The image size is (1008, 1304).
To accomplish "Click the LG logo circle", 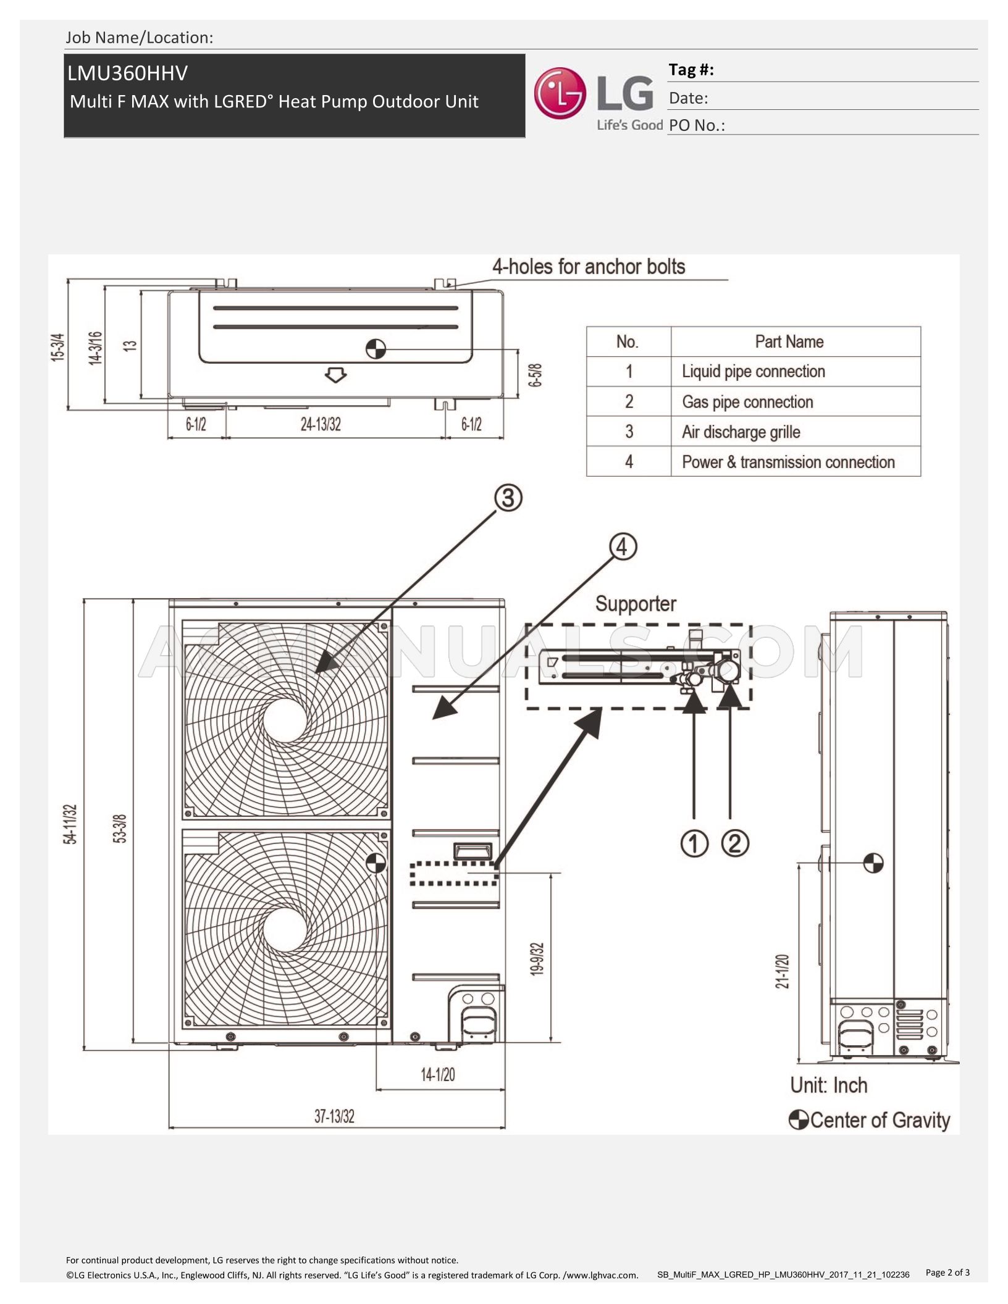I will coord(560,93).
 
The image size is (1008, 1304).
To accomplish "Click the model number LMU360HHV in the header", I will coord(128,73).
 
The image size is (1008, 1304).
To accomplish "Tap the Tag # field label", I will coord(691,70).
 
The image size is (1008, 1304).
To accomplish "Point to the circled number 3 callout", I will coord(508,497).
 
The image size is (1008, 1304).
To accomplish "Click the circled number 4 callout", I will coord(623,546).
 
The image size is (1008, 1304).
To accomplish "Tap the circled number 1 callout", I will coord(694,843).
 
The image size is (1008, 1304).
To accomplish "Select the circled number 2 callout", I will coord(735,843).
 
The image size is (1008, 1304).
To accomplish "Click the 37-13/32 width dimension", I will coord(334,1116).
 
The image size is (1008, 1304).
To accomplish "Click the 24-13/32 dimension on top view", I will coord(321,424).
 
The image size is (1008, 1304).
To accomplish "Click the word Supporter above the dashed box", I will coord(636,603).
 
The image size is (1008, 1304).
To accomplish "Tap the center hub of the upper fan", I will coord(285,720).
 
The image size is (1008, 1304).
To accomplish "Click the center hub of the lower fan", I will coord(285,930).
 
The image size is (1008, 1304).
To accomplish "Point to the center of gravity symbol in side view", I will coord(873,863).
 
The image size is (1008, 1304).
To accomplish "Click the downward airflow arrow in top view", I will coord(335,374).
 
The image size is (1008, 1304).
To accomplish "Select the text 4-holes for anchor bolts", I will coord(589,267).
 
